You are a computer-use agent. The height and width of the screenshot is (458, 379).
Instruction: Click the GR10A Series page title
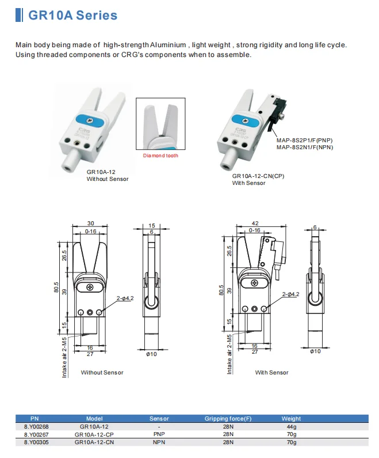pyautogui.click(x=72, y=16)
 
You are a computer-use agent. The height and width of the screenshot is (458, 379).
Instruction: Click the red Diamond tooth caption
pyautogui.click(x=160, y=156)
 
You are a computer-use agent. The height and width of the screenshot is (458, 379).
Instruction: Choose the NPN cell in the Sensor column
pyautogui.click(x=159, y=442)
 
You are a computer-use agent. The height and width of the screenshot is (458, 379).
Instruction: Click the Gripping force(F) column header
pyautogui.click(x=228, y=419)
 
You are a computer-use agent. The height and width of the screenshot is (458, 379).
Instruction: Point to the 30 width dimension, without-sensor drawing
pyautogui.click(x=91, y=224)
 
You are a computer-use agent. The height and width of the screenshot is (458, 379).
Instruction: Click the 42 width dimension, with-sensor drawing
pyautogui.click(x=255, y=224)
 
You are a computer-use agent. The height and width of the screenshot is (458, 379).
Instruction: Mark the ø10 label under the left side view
pyautogui.click(x=152, y=354)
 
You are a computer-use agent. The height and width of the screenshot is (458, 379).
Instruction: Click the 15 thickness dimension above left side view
pyautogui.click(x=152, y=225)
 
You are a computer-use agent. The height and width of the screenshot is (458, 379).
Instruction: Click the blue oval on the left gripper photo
pyautogui.click(x=90, y=122)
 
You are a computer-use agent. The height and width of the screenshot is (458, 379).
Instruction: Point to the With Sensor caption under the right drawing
pyautogui.click(x=271, y=373)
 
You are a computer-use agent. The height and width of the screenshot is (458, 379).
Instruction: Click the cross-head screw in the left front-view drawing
pyautogui.click(x=91, y=286)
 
